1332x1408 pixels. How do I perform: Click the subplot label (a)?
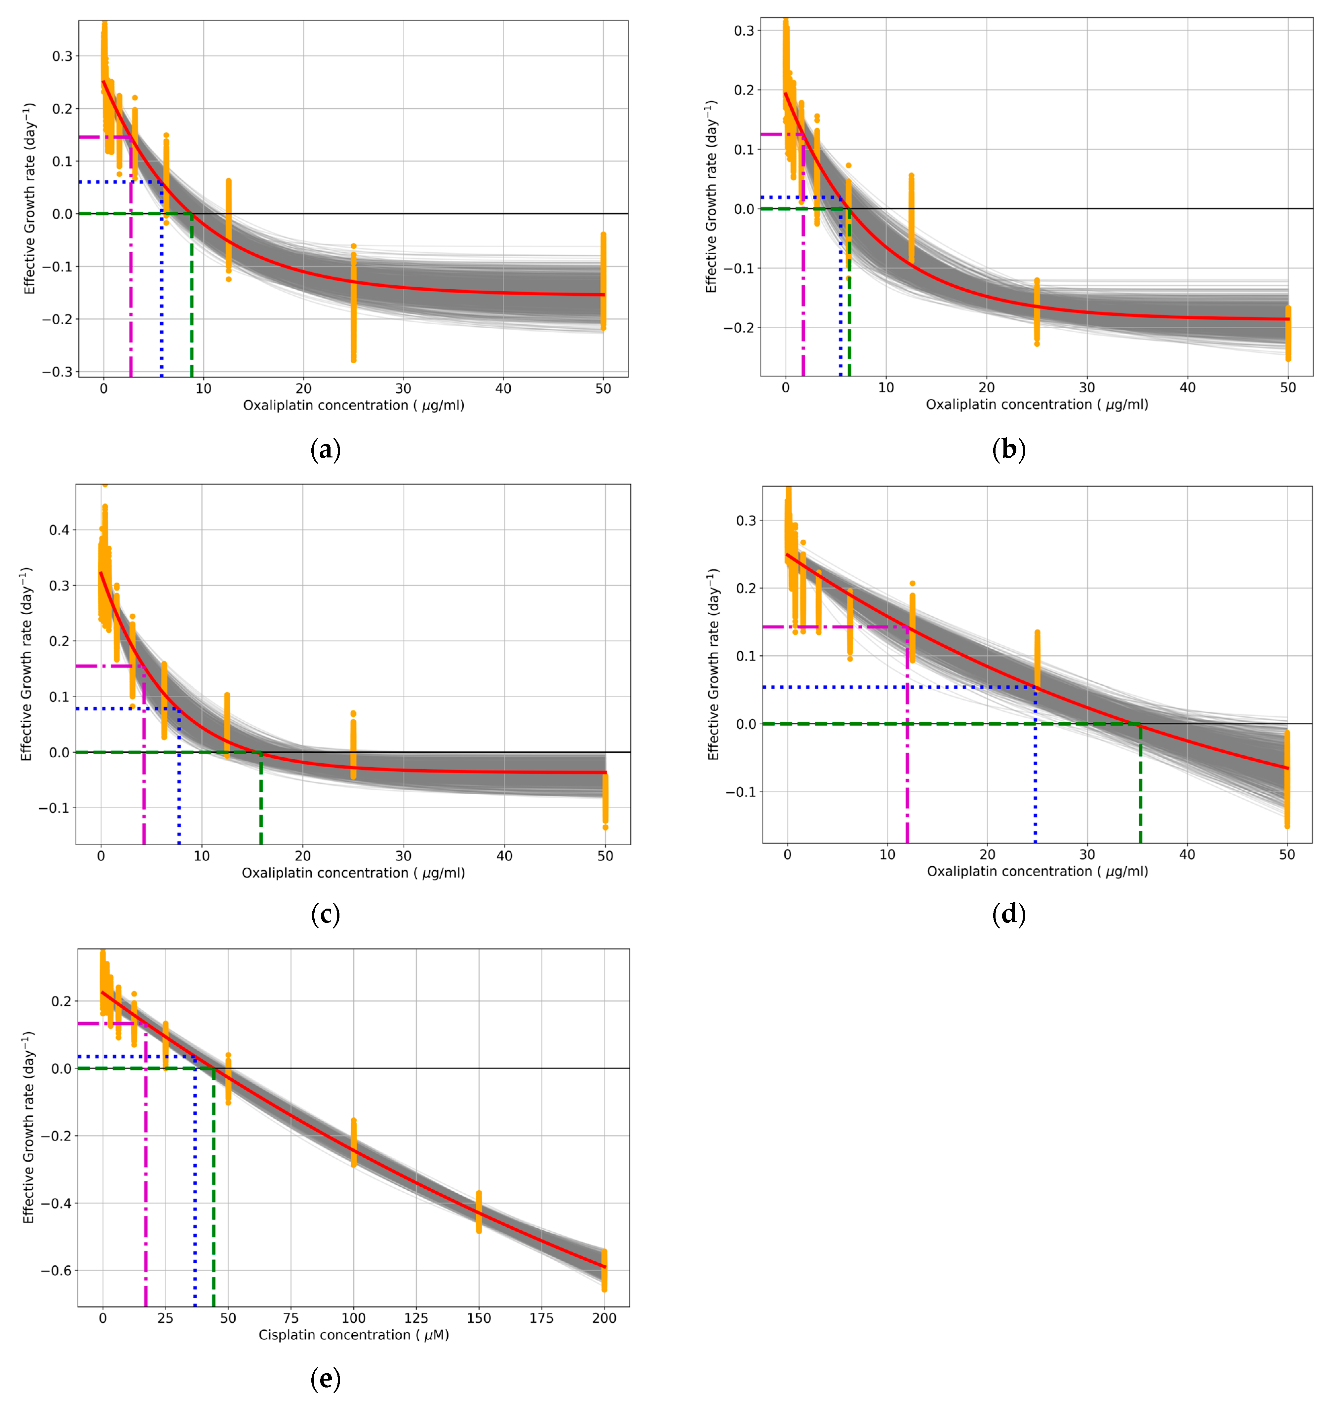tap(326, 450)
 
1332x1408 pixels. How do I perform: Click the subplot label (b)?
tap(1008, 450)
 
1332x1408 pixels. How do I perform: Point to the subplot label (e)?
tap(326, 1379)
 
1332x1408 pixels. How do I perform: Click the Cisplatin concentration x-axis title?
tap(354, 1335)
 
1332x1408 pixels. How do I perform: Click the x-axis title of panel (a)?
tap(354, 405)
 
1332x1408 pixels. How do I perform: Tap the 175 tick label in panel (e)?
tap(542, 1318)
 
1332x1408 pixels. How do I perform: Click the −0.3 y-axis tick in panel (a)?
tap(57, 372)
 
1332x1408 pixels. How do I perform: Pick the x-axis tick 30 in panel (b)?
tap(1087, 387)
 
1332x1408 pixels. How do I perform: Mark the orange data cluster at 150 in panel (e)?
tap(479, 1211)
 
